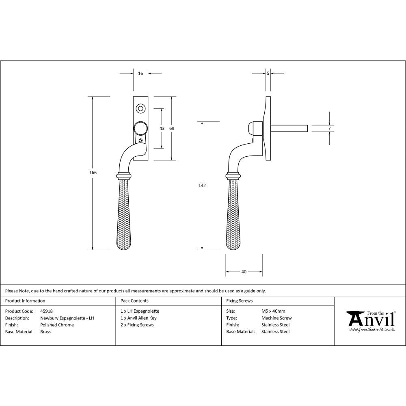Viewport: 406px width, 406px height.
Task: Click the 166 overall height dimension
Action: click(93, 173)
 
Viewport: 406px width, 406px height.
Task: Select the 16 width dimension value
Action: click(140, 73)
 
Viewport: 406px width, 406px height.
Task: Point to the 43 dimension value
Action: click(162, 128)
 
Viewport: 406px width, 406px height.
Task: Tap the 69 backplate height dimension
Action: click(171, 128)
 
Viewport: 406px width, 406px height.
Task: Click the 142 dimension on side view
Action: click(202, 185)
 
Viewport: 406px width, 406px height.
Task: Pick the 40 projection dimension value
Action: click(244, 272)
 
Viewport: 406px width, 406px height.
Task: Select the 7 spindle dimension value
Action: click(329, 129)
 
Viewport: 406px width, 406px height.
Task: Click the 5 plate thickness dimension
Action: click(268, 73)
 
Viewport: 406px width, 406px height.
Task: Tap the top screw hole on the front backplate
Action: click(140, 108)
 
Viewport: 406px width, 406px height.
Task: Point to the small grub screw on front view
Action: click(141, 140)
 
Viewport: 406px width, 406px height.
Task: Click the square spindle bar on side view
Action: click(289, 128)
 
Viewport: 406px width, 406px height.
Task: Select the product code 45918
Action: click(46, 311)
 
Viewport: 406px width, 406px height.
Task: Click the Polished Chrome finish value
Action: click(57, 325)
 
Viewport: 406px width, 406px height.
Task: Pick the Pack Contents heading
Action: click(134, 301)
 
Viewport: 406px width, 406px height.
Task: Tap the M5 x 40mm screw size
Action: click(273, 311)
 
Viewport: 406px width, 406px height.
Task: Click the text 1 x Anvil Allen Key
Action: click(138, 318)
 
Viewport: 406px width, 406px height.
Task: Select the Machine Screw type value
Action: click(276, 318)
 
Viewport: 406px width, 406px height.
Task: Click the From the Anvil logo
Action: click(370, 321)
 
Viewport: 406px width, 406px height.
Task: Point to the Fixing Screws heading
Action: click(239, 301)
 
